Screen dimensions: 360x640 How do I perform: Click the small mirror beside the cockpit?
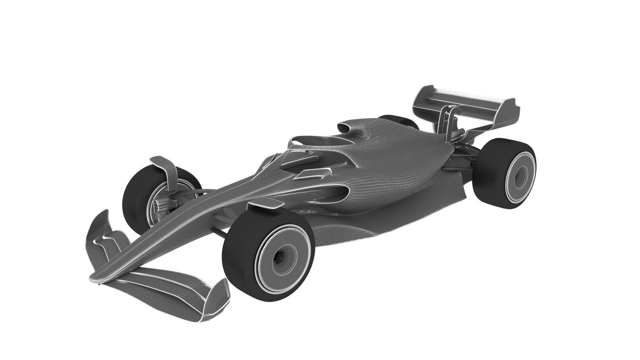313,173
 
